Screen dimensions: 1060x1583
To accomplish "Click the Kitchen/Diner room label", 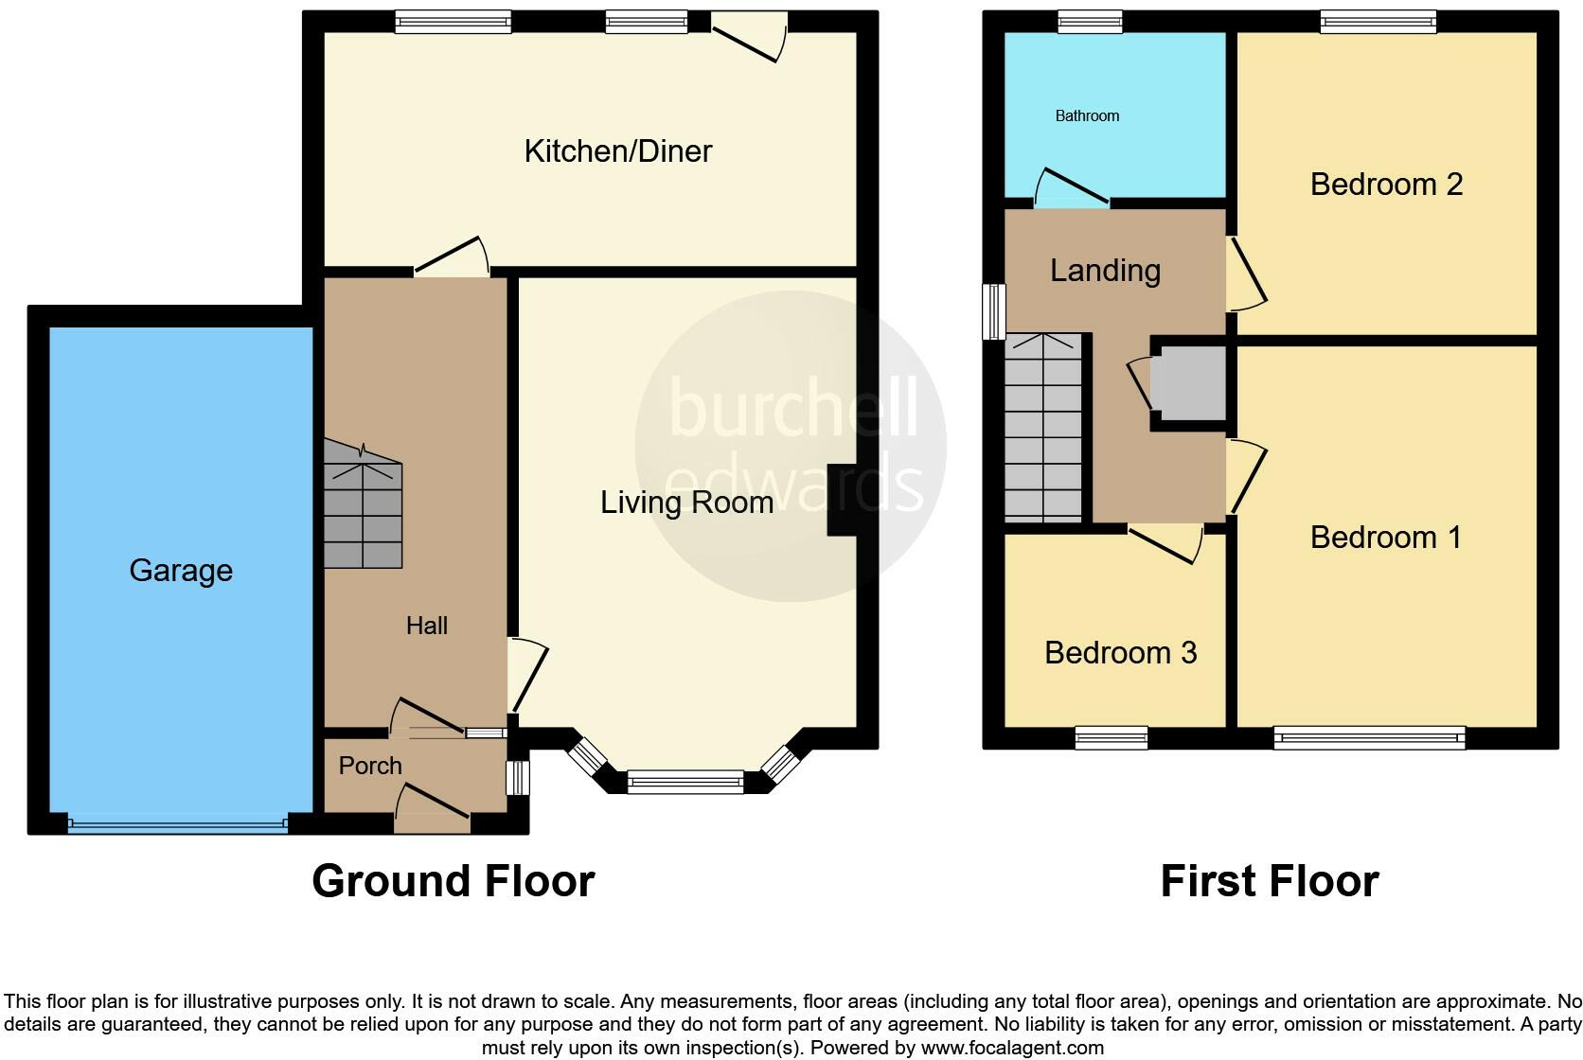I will (x=617, y=151).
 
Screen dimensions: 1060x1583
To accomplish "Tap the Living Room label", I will (x=686, y=502).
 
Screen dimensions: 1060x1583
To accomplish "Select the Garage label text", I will (x=181, y=570).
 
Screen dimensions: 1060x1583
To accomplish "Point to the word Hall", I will (x=426, y=626).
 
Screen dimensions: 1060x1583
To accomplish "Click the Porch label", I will (x=370, y=766).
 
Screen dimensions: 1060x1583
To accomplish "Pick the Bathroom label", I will (x=1087, y=115).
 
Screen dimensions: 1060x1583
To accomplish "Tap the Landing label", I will (x=1105, y=271).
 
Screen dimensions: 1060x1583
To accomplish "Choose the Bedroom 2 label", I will (x=1386, y=184).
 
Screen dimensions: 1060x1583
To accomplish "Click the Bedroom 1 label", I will (x=1386, y=538).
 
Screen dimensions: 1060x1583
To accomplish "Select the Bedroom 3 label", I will (x=1120, y=653).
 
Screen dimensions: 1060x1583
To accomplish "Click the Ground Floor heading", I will (x=453, y=881).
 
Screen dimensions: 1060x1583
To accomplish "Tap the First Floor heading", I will (x=1269, y=881).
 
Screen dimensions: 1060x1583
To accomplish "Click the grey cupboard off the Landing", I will (x=1188, y=383).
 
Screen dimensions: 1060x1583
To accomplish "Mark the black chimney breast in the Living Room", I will (x=842, y=501).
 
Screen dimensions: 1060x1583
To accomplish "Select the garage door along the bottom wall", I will (x=177, y=825).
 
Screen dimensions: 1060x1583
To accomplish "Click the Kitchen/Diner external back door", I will (x=750, y=38).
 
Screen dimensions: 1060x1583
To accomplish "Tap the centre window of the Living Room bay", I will (x=685, y=781).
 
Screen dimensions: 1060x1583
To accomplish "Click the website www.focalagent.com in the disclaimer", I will (x=1012, y=1048).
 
